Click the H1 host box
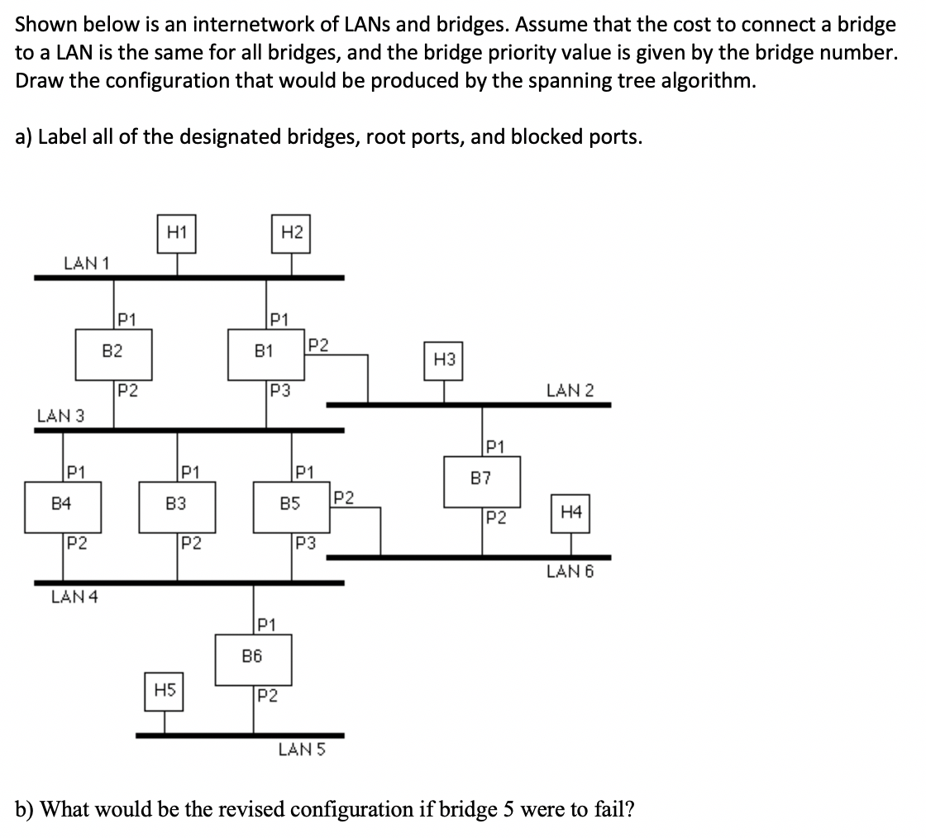click(175, 234)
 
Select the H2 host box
click(290, 234)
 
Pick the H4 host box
click(570, 512)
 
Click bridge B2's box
click(113, 351)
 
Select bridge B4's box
click(63, 502)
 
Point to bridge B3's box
click(176, 502)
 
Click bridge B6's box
click(253, 657)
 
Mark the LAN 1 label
click(88, 262)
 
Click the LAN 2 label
click(570, 389)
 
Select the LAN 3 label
click(60, 415)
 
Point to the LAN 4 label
click(74, 597)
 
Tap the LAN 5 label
click(303, 750)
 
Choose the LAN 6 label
click(570, 570)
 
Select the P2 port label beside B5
click(342, 498)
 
